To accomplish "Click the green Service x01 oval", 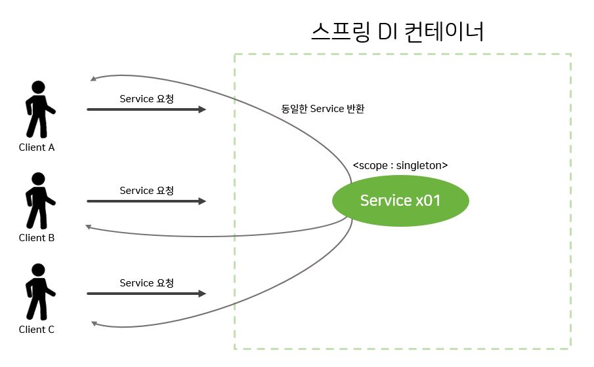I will tap(400, 200).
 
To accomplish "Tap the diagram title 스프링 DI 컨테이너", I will tap(398, 31).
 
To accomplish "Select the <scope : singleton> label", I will tap(400, 166).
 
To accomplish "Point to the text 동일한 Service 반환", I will tap(322, 109).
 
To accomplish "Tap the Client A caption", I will tap(37, 147).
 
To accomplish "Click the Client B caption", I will tap(37, 238).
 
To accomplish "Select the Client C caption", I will tap(37, 330).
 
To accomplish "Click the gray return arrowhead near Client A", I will tap(93, 79).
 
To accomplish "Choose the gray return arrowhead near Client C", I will tap(94, 324).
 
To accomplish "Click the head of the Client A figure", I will tap(39, 87).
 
